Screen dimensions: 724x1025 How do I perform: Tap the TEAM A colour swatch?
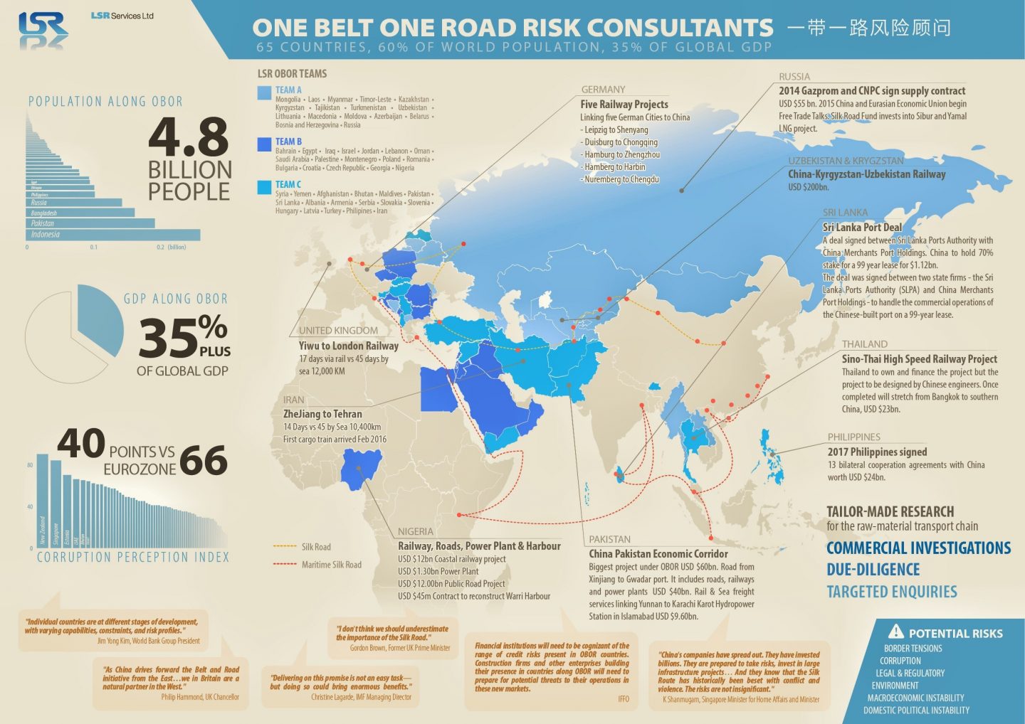[264, 92]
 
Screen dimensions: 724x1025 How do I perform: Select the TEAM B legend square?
[264, 144]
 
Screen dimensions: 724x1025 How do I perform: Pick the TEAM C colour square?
[264, 187]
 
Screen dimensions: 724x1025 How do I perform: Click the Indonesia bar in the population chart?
[113, 235]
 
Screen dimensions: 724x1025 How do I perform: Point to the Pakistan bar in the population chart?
[90, 223]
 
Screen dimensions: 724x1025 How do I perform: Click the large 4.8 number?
[189, 137]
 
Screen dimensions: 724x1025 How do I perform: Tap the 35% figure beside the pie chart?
[182, 336]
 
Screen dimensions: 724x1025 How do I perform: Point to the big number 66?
[204, 460]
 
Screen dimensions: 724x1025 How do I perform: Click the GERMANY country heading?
[603, 90]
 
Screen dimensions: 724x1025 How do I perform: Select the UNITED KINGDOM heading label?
[338, 331]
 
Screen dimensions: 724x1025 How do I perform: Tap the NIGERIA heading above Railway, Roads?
[415, 532]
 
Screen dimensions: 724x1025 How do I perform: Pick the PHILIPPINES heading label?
[853, 437]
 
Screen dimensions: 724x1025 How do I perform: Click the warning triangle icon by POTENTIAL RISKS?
[895, 632]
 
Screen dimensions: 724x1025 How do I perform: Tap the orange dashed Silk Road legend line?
[285, 547]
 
